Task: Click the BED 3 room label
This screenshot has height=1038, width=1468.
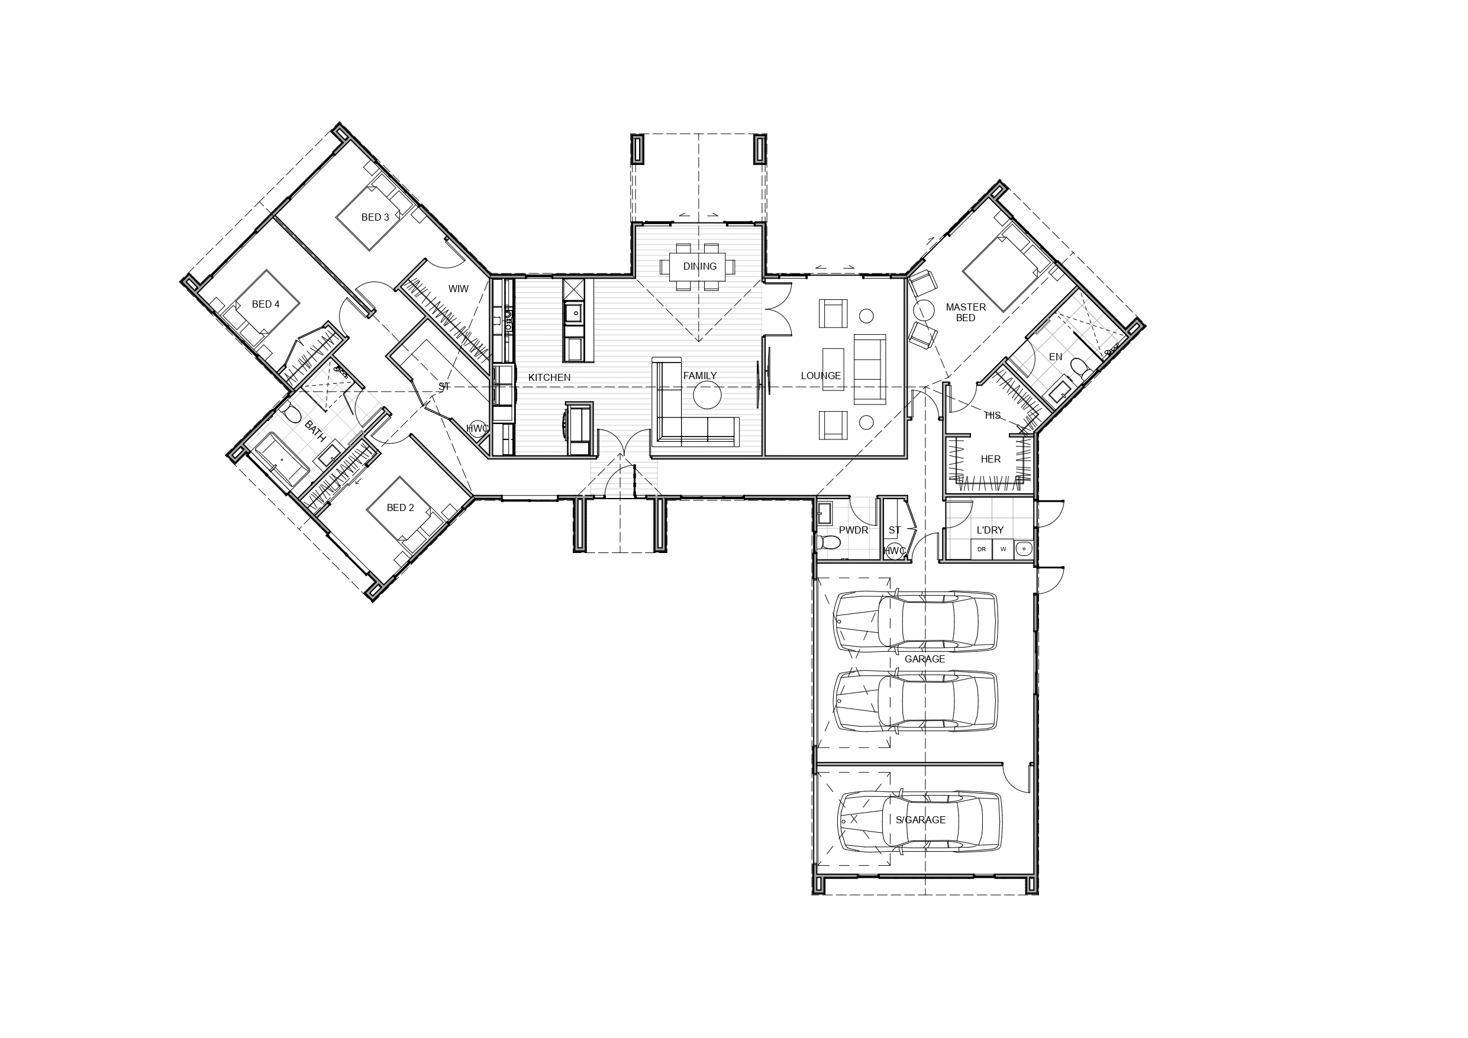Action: click(x=375, y=217)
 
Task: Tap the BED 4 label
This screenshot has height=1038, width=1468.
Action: click(x=265, y=304)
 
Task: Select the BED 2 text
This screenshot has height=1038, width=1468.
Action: click(x=400, y=508)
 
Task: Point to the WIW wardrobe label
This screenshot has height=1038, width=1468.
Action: click(x=459, y=289)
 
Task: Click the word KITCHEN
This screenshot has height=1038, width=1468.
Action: click(x=549, y=378)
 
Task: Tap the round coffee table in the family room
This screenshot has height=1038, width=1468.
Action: click(x=708, y=395)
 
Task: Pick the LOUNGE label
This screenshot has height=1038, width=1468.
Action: click(x=821, y=376)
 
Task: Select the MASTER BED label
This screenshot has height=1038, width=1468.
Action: click(x=966, y=312)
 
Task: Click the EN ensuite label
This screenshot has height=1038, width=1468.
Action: click(x=1056, y=357)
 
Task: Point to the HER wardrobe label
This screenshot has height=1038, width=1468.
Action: click(x=991, y=459)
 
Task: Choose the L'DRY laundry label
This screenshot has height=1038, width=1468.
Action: click(x=990, y=530)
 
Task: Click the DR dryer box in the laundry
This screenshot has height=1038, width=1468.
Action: click(x=982, y=549)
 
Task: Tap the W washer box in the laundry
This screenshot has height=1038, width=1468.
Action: click(x=1003, y=549)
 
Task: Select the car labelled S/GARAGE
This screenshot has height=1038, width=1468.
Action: click(x=919, y=822)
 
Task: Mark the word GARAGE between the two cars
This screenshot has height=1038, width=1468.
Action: click(x=925, y=659)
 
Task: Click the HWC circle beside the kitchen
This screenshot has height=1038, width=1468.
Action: click(x=477, y=429)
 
